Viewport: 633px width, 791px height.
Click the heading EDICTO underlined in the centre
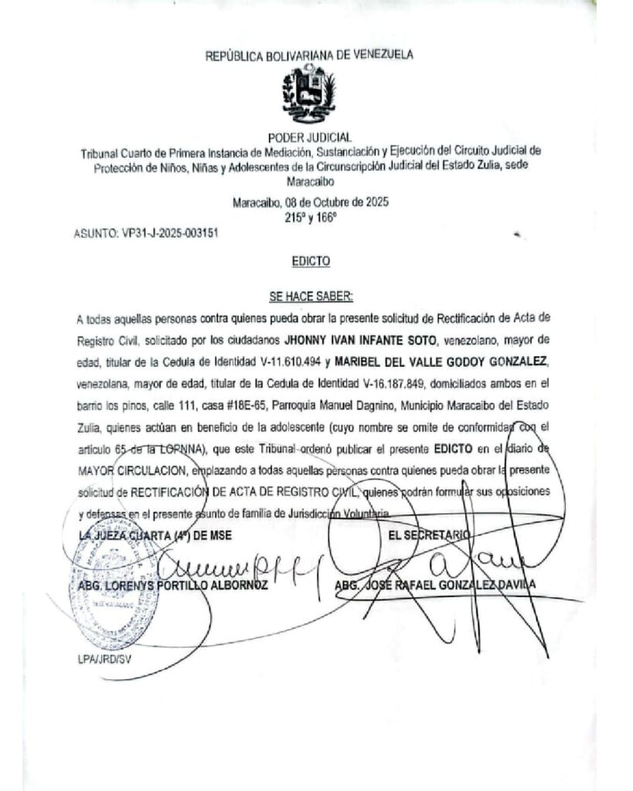point(311,262)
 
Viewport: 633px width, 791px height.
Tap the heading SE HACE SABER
point(311,296)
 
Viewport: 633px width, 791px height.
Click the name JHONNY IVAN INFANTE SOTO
point(352,338)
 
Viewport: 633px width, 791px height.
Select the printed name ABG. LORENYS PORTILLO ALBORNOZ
point(173,586)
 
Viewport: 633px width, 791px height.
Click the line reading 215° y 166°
point(311,218)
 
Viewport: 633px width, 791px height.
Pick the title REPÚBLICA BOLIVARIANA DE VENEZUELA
point(309,55)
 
